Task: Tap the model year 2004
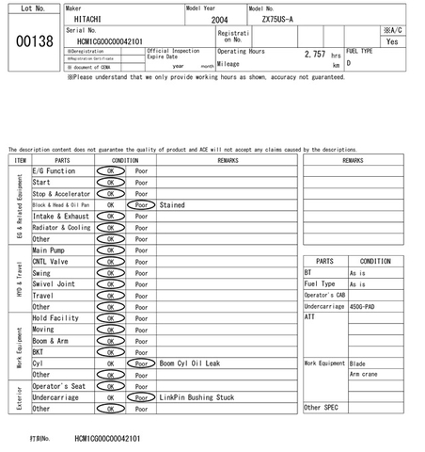(219, 19)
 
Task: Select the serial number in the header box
(110, 41)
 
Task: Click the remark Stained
(172, 204)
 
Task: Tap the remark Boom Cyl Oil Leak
(190, 363)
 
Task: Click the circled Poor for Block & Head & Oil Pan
(142, 204)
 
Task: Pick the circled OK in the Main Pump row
(111, 250)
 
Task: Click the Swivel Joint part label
(54, 283)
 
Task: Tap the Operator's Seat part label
(59, 386)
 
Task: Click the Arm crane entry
(365, 374)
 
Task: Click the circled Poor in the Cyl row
(142, 363)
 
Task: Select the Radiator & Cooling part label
(62, 227)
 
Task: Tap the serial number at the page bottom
(108, 438)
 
